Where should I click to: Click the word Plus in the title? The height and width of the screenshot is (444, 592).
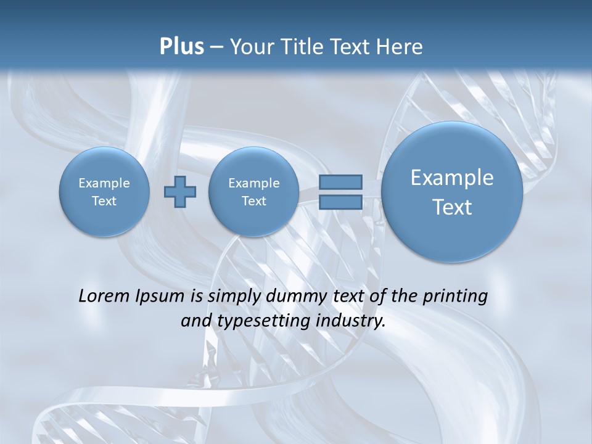pos(181,47)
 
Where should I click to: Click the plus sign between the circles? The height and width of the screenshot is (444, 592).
pos(180,191)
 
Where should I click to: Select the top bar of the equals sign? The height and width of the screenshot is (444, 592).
pos(340,182)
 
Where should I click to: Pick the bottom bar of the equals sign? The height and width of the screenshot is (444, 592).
pos(340,202)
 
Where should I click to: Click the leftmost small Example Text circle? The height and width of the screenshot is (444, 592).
pos(104,192)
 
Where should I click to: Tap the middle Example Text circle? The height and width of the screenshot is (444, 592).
pos(253,192)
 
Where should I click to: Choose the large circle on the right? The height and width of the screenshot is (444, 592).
pos(452,192)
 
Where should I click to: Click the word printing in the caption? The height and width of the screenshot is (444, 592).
pos(455,297)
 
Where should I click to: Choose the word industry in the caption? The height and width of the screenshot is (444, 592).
pos(355,321)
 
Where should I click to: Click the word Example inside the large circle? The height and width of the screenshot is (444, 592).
pos(452,178)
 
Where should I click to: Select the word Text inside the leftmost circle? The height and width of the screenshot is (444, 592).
pos(104,201)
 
